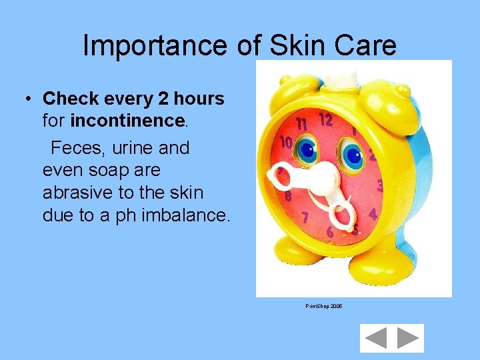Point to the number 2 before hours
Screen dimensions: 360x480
pos(163,99)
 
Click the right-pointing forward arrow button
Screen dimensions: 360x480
pos(407,338)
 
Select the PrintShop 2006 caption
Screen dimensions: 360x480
pos(324,306)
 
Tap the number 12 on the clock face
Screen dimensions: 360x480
pos(325,120)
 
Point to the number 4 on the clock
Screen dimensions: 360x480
pos(373,215)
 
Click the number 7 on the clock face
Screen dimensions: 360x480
pos(305,217)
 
